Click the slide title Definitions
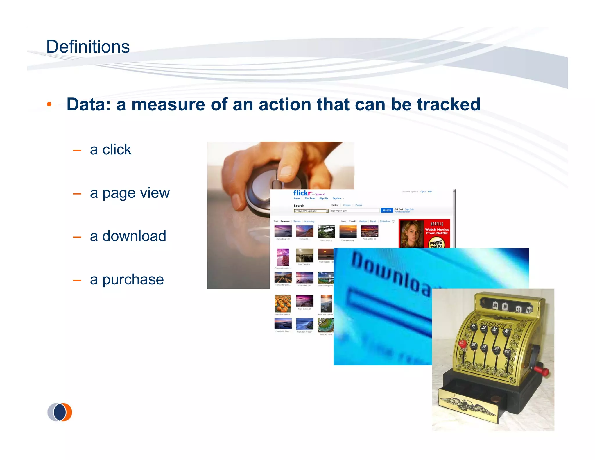click(88, 47)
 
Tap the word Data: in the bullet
click(89, 104)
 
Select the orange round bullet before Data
click(49, 104)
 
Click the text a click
click(110, 149)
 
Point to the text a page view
click(130, 193)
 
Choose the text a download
click(128, 236)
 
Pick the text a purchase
click(127, 279)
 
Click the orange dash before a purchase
click(77, 280)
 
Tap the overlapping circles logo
click(60, 412)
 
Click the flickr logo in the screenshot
click(302, 193)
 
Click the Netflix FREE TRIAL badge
click(436, 244)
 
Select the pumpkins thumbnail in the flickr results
click(283, 304)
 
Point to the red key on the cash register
click(462, 343)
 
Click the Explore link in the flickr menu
click(337, 199)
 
